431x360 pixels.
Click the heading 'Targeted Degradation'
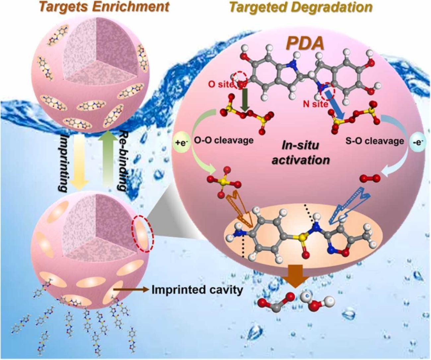coord(301,7)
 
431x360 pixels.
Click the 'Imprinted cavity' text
coord(197,290)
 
